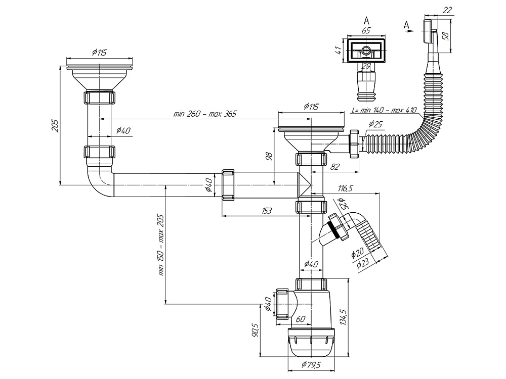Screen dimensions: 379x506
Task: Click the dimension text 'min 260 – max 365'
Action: pos(205,114)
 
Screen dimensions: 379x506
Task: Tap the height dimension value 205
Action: pos(57,125)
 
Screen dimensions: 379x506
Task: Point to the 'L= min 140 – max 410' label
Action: pos(383,110)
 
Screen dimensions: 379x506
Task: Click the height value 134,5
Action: pos(344,317)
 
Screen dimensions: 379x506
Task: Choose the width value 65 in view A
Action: pos(366,30)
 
